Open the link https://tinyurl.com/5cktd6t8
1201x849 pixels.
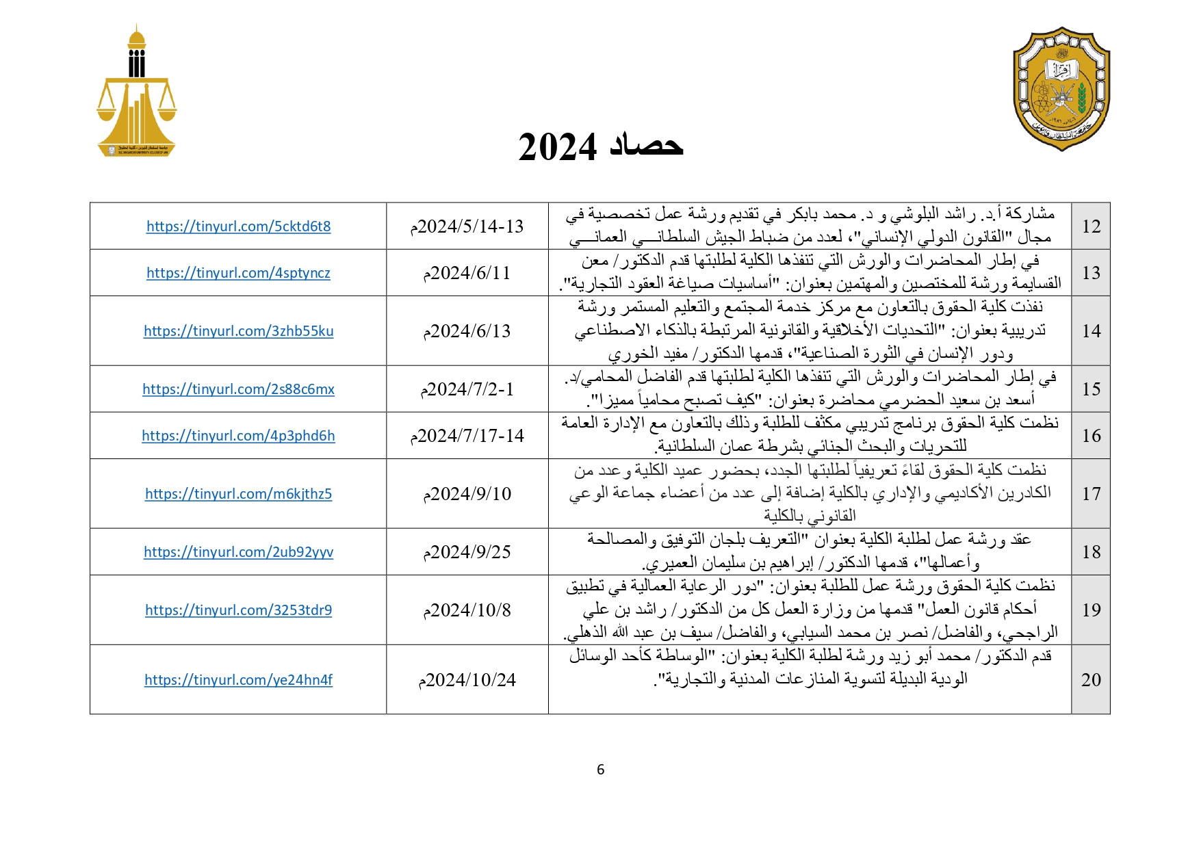tap(238, 226)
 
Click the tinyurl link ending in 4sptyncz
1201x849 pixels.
tap(238, 273)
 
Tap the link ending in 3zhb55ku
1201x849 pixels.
tap(238, 331)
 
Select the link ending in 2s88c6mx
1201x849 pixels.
tap(238, 389)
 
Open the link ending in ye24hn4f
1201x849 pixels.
tap(238, 680)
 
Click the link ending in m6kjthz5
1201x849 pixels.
tap(238, 494)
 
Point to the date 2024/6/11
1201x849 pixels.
tap(467, 273)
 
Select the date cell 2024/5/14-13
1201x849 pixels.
tap(467, 226)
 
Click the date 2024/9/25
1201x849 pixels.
tap(467, 552)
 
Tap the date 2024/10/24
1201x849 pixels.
tap(467, 680)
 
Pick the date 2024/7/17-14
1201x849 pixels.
tap(467, 436)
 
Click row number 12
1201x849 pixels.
tap(1091, 226)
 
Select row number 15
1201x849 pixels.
tap(1091, 389)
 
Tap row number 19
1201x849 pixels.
tap(1091, 610)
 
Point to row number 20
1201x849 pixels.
tap(1091, 680)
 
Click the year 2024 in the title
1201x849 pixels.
tap(558, 147)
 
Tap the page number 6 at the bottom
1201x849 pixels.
tap(600, 770)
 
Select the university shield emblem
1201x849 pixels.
tap(1061, 89)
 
